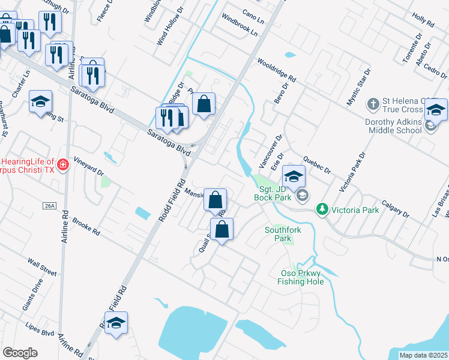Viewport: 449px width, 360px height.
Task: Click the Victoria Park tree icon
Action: pos(322,209)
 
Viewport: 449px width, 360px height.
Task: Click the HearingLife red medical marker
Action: pos(62,164)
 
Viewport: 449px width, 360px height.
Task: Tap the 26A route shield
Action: pos(49,206)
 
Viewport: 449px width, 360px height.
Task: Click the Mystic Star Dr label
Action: pos(358,87)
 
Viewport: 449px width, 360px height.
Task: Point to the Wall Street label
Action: pos(42,268)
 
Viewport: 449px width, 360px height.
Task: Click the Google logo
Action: pos(20,352)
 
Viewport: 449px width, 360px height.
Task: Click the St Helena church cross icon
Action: pos(373,103)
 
